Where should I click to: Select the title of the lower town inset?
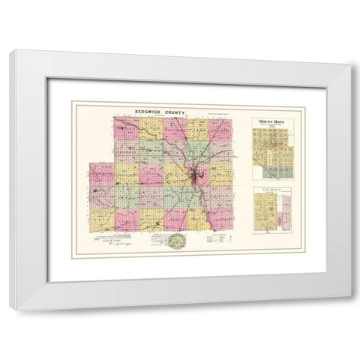(x=271, y=190)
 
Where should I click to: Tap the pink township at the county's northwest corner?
(x=124, y=127)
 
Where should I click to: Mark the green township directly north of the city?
(x=196, y=150)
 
